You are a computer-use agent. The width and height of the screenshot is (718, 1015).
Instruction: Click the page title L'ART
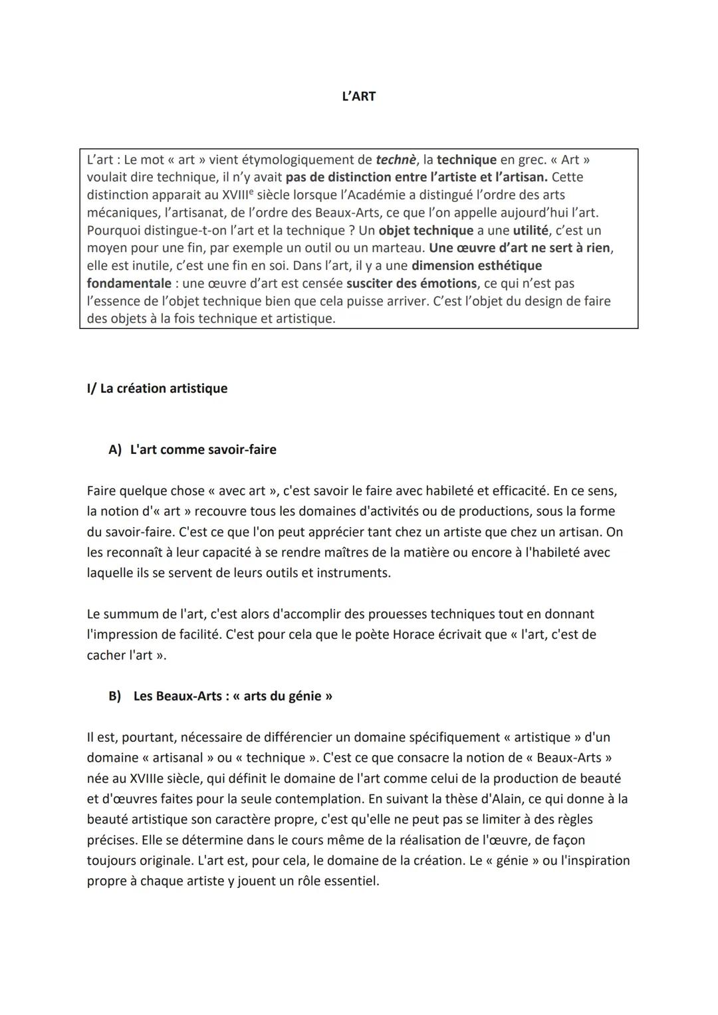pos(358,96)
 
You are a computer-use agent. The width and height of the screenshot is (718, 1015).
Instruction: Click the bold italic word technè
pos(395,160)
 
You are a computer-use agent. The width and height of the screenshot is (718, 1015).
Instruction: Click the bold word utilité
pos(530,231)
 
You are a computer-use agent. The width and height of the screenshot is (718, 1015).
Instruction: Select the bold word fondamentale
pos(129,283)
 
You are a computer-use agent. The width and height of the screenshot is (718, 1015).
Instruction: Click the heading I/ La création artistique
pos(157,388)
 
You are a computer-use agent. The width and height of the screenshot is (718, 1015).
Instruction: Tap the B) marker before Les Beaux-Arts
pos(115,696)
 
